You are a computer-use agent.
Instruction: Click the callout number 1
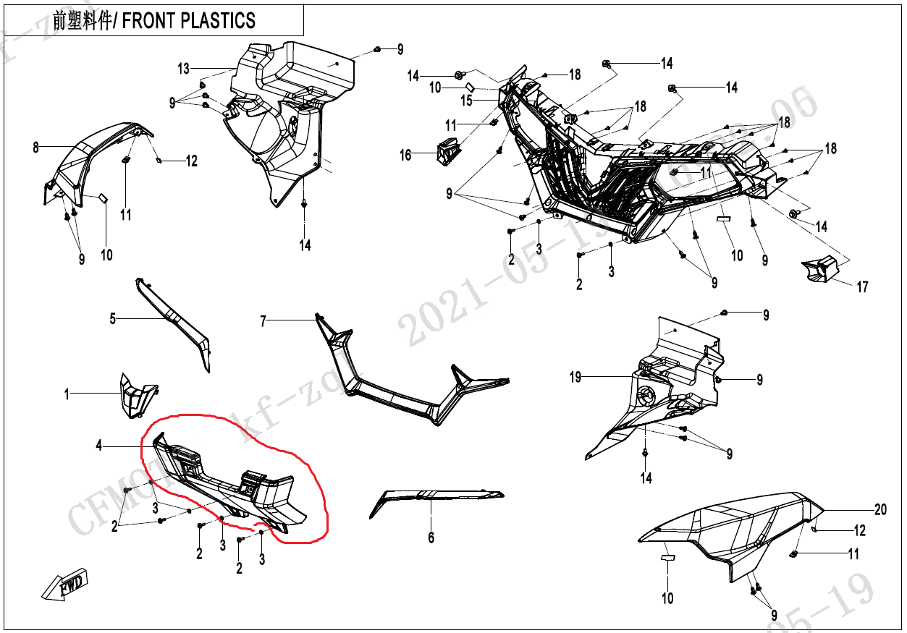pyautogui.click(x=67, y=394)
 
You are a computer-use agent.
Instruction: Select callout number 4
pyautogui.click(x=99, y=446)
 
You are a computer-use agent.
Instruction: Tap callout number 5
pyautogui.click(x=112, y=318)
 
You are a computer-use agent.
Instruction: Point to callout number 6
pyautogui.click(x=431, y=538)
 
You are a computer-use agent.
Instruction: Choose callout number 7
pyautogui.click(x=263, y=320)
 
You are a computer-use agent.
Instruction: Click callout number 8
pyautogui.click(x=35, y=148)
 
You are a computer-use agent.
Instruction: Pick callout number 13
pyautogui.click(x=184, y=69)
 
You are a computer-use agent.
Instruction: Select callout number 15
pyautogui.click(x=467, y=101)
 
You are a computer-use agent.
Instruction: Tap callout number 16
pyautogui.click(x=405, y=155)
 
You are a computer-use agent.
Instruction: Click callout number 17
pyautogui.click(x=862, y=287)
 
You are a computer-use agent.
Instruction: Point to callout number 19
pyautogui.click(x=575, y=377)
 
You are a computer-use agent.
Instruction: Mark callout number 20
pyautogui.click(x=880, y=510)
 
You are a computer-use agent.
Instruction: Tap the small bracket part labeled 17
pyautogui.click(x=819, y=270)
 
